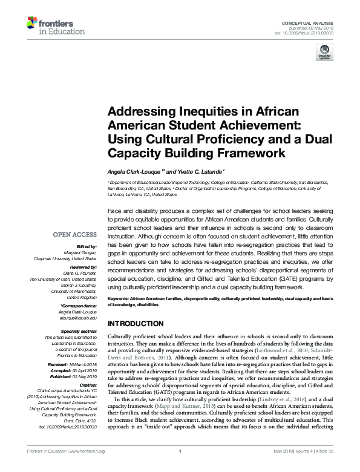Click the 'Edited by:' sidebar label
(x=87, y=247)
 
